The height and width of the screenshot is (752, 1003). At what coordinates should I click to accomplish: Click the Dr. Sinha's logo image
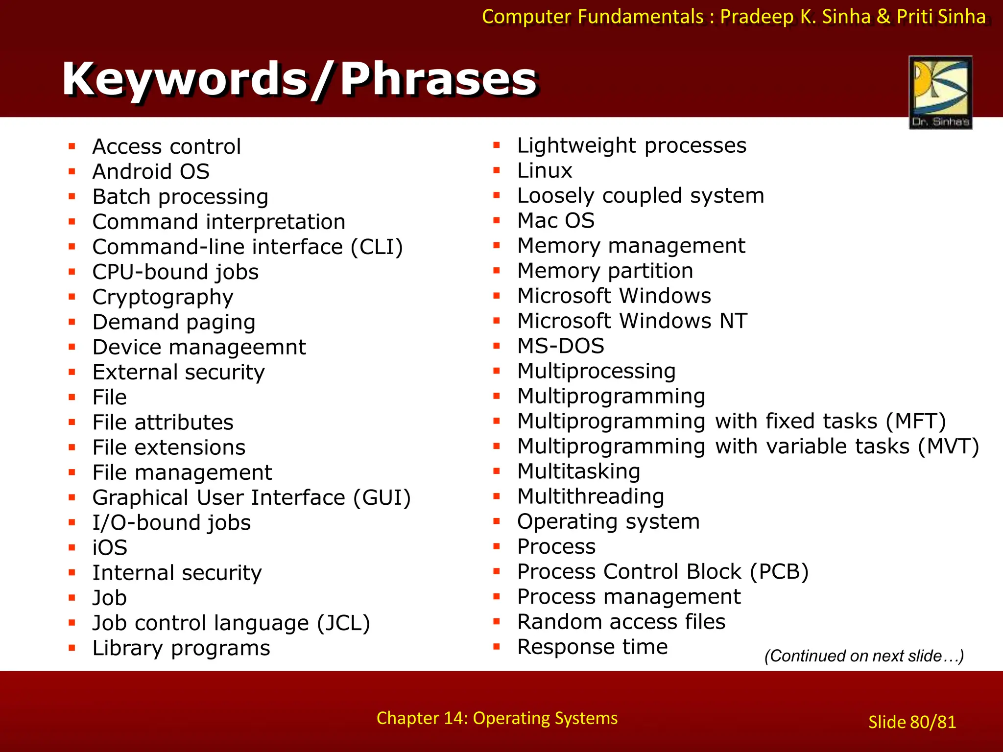tap(940, 92)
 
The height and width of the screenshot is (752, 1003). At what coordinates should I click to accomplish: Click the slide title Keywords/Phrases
tap(300, 79)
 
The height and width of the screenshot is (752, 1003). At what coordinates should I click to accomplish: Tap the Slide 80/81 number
tap(912, 722)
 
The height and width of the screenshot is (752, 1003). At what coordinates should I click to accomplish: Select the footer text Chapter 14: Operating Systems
tap(497, 718)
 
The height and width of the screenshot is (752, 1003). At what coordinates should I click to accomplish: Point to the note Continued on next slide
tap(864, 656)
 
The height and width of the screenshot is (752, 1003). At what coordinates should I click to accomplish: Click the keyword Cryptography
tap(163, 297)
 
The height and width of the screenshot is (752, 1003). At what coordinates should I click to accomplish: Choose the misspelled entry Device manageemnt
tap(199, 347)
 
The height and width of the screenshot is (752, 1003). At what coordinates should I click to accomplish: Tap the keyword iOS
tap(110, 547)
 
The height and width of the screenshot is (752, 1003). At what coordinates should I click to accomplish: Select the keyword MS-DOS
tap(561, 346)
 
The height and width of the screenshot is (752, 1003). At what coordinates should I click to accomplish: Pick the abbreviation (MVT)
tap(948, 446)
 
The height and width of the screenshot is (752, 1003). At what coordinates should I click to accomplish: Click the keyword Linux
tap(545, 171)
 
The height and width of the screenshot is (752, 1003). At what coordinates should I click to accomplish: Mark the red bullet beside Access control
tap(72, 146)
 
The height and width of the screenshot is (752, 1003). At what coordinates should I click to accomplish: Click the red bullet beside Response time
tap(497, 647)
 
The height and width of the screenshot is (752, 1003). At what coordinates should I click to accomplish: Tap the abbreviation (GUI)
tap(382, 497)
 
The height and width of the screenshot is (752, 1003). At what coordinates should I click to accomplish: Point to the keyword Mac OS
tap(556, 221)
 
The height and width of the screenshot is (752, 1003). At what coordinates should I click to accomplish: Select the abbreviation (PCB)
tap(779, 572)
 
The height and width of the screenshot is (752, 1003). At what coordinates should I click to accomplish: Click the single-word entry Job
tap(110, 598)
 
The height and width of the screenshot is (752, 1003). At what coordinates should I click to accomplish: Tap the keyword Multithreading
tap(591, 496)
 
